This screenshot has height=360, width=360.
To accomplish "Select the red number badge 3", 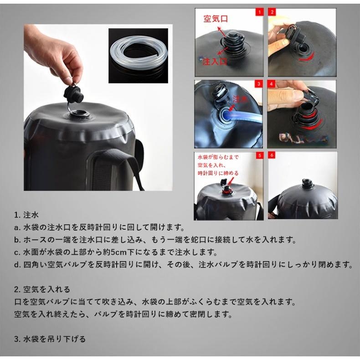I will point(258,84).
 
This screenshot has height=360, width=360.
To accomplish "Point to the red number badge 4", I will point(272,84).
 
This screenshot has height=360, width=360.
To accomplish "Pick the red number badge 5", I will point(259,155).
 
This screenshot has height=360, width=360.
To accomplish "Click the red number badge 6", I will point(272,155).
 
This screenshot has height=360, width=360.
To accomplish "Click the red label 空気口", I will point(216,19).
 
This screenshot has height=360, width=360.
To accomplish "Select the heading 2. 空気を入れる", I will point(42,289).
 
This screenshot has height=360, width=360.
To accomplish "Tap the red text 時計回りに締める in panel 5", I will point(218,173).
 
